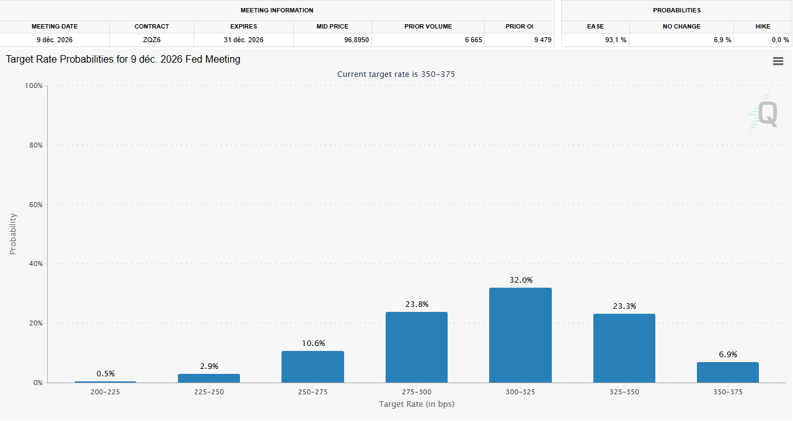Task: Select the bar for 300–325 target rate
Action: (520, 335)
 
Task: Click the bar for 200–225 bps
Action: (105, 381)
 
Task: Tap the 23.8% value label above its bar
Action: (417, 304)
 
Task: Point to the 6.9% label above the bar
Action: (728, 355)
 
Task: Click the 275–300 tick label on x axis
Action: (417, 392)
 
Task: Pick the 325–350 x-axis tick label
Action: (624, 392)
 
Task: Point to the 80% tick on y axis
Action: (34, 145)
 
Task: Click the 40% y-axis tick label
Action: (34, 264)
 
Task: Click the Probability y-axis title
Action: (13, 234)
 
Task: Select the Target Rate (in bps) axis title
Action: (417, 404)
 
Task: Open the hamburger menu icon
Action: (777, 61)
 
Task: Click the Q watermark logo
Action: (764, 114)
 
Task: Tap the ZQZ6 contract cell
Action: (151, 40)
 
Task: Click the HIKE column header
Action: (763, 27)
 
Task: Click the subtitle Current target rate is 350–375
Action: (396, 74)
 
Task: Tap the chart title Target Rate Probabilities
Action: (123, 60)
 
